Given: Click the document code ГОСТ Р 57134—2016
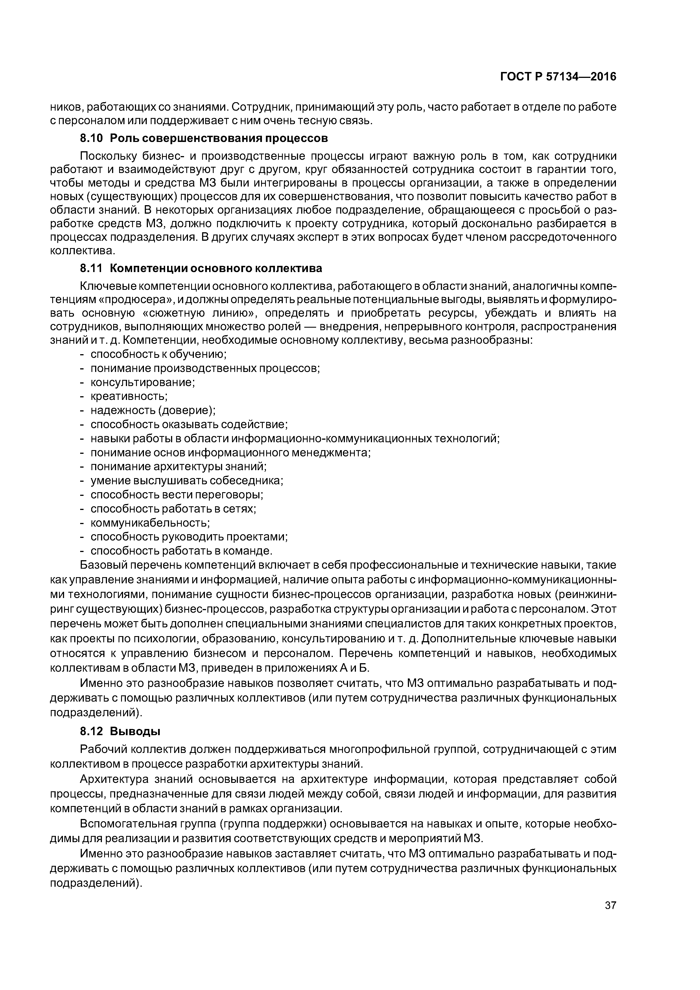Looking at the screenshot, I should tap(558, 77).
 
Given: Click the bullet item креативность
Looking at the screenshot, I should tap(128, 396).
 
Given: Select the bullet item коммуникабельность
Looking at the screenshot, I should tap(150, 523).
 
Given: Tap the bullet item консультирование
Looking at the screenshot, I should tap(142, 382).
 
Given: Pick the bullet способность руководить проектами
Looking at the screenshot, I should tap(189, 537).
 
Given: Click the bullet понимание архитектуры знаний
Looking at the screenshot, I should tap(178, 466).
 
